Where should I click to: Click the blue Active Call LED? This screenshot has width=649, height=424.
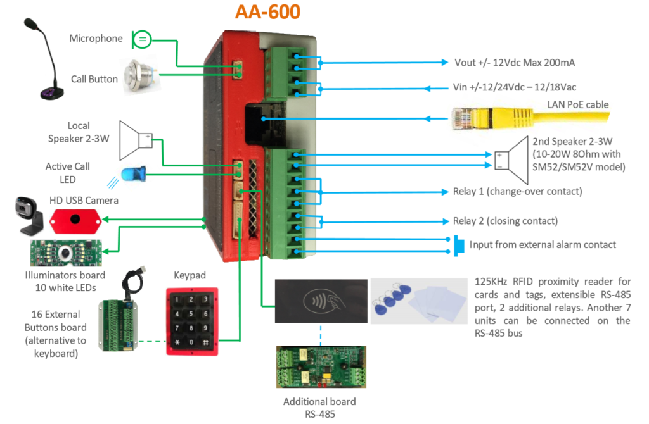pyautogui.click(x=133, y=173)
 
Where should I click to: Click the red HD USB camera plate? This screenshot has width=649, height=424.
pyautogui.click(x=75, y=220)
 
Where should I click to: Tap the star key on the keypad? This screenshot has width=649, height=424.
pyautogui.click(x=178, y=342)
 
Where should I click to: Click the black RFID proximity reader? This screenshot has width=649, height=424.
pyautogui.click(x=319, y=301)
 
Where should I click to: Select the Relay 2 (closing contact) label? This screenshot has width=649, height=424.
pyautogui.click(x=505, y=221)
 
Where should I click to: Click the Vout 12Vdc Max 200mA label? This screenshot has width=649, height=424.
pyautogui.click(x=515, y=63)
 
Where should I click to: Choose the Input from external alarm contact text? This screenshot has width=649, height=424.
pyautogui.click(x=543, y=244)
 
